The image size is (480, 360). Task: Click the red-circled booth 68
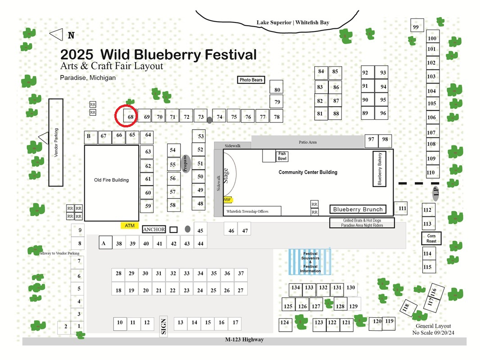[x=131, y=116]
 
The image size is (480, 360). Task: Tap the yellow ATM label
[x=130, y=226]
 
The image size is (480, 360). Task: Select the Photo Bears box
[x=251, y=80]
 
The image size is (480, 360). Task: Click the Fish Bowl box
[x=282, y=156]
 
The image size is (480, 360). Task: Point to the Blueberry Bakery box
[x=379, y=169]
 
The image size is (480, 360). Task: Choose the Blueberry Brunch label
[x=358, y=209]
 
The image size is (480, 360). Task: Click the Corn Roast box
[x=431, y=238]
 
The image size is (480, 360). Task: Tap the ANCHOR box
[x=154, y=229]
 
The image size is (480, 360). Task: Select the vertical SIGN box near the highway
[x=163, y=326]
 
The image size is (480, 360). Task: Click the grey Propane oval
[x=186, y=164]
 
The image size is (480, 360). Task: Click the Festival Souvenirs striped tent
[x=310, y=262]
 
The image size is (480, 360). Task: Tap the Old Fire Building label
[x=111, y=180]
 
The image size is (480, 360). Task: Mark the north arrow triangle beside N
[x=56, y=35]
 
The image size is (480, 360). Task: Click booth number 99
[x=417, y=25]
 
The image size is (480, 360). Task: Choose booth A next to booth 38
[x=105, y=243]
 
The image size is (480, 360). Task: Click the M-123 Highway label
[x=245, y=339]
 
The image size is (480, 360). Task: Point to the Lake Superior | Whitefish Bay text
[x=293, y=22]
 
